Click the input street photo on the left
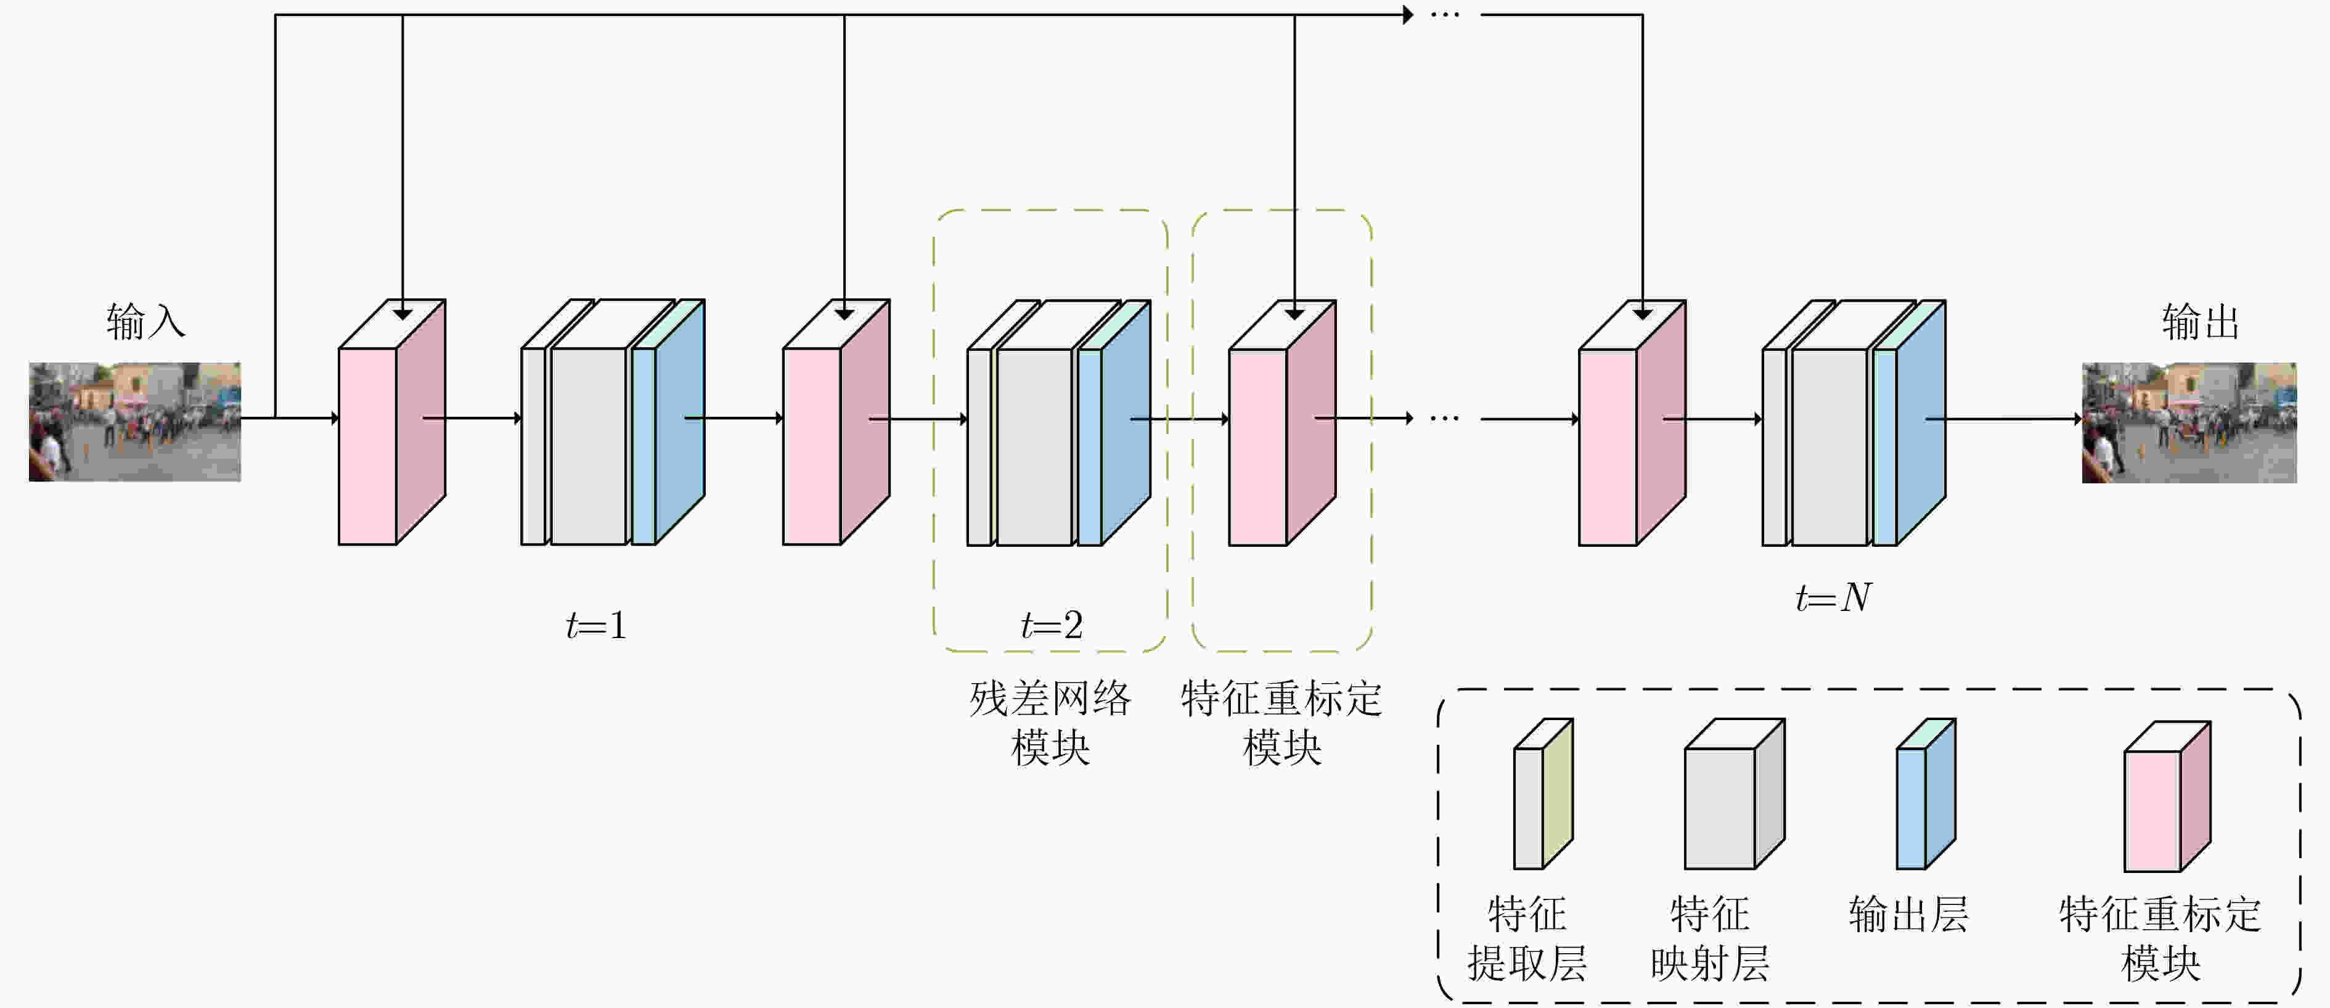coord(135,422)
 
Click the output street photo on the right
coord(2189,422)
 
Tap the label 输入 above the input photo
coord(145,322)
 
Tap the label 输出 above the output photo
coord(2200,322)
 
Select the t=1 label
coord(596,625)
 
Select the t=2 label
coord(1051,625)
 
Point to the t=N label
coord(1833,597)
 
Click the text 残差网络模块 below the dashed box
coord(1050,723)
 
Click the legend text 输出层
coord(1908,914)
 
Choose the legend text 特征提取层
coord(1527,938)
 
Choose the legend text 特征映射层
coord(1709,938)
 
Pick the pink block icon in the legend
coord(2167,797)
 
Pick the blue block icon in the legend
coord(1926,793)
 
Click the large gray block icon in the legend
coord(1734,793)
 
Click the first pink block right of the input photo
coord(391,422)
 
